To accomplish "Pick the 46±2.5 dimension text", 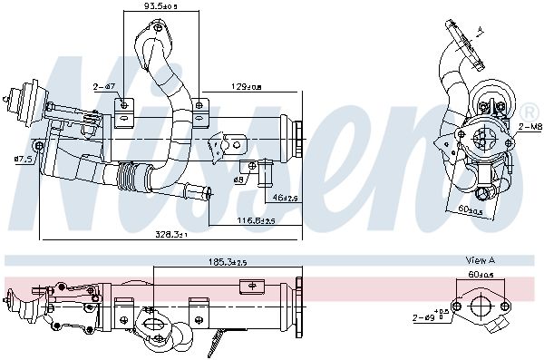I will (x=285, y=197).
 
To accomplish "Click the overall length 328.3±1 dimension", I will (x=170, y=235).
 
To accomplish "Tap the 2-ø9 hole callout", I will (x=426, y=317).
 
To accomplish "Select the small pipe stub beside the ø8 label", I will (x=266, y=169).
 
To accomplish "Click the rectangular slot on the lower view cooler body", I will (x=245, y=287).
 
